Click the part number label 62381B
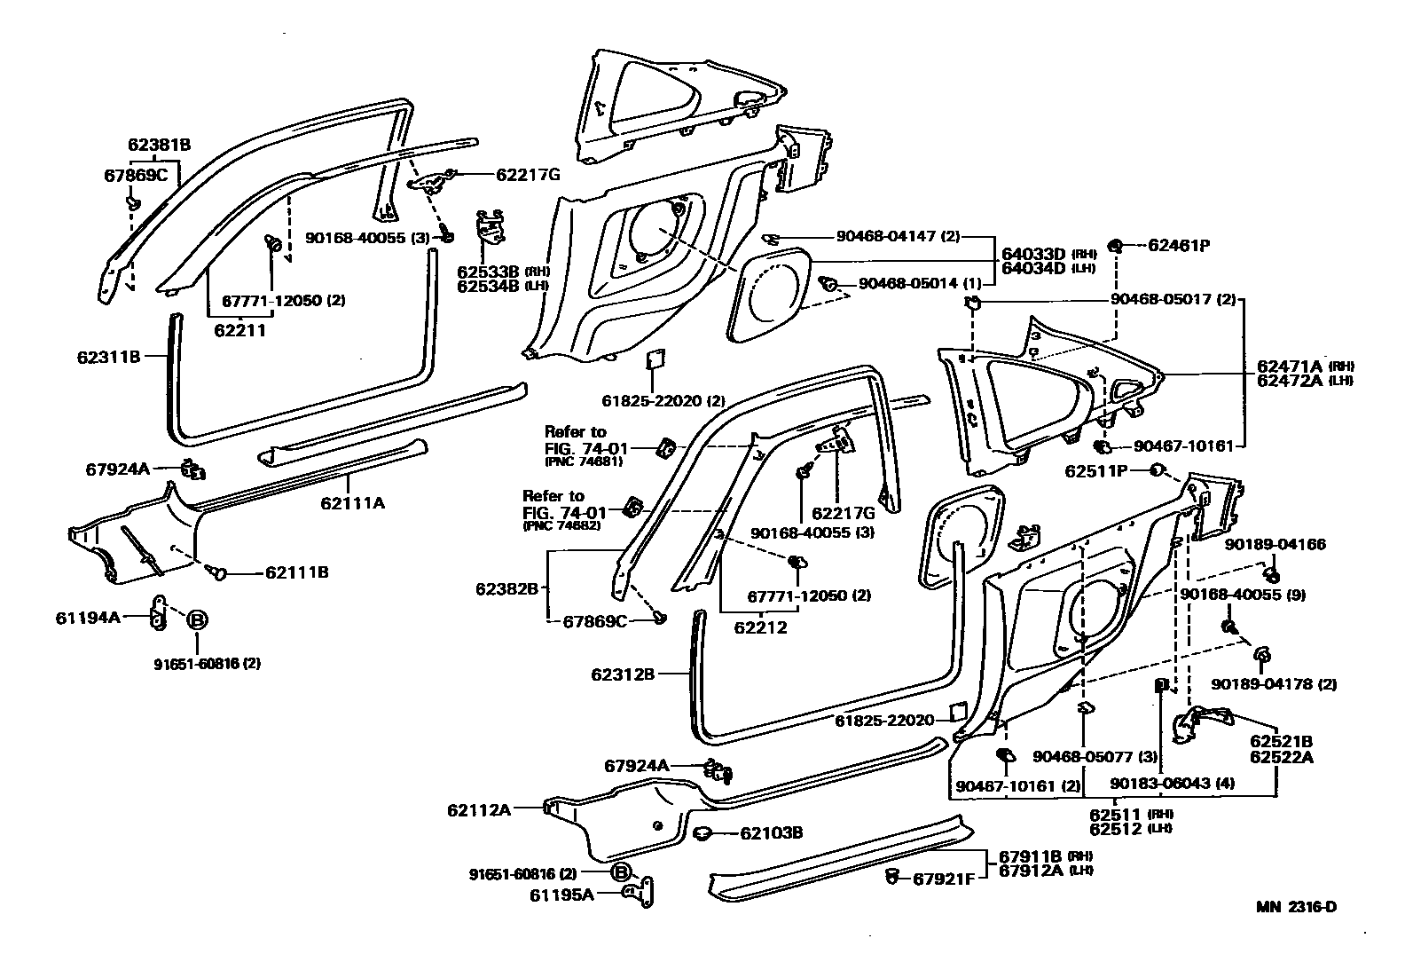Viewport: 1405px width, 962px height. click(159, 145)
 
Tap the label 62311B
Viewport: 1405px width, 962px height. click(109, 358)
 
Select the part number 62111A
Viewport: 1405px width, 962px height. click(353, 503)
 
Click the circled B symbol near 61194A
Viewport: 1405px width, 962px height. click(197, 619)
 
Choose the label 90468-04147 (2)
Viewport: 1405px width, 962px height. click(898, 237)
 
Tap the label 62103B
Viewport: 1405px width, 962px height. click(771, 832)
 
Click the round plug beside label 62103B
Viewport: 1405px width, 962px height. click(703, 832)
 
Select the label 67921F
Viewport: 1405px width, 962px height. click(944, 879)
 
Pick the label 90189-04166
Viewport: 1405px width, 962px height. click(1275, 544)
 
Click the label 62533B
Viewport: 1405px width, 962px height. click(488, 271)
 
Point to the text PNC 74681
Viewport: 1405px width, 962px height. click(583, 461)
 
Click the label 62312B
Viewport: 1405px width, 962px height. click(623, 674)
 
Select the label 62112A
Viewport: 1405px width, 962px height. click(479, 809)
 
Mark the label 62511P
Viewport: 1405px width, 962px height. click(1095, 471)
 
